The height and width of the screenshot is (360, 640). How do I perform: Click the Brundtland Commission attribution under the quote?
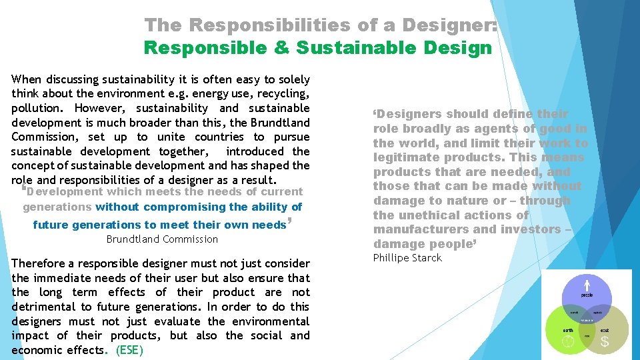[162, 239]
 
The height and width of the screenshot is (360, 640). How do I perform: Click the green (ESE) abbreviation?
[129, 350]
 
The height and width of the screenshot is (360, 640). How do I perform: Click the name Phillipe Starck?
[407, 258]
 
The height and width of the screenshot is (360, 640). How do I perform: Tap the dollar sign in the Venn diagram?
[605, 342]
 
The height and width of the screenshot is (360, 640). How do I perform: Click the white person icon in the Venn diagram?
[587, 284]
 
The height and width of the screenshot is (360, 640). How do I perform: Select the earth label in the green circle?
[567, 329]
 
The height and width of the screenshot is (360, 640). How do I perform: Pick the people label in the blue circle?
[587, 295]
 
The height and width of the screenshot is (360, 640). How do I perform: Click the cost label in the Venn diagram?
[605, 329]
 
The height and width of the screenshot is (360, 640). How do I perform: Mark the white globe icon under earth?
[568, 342]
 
